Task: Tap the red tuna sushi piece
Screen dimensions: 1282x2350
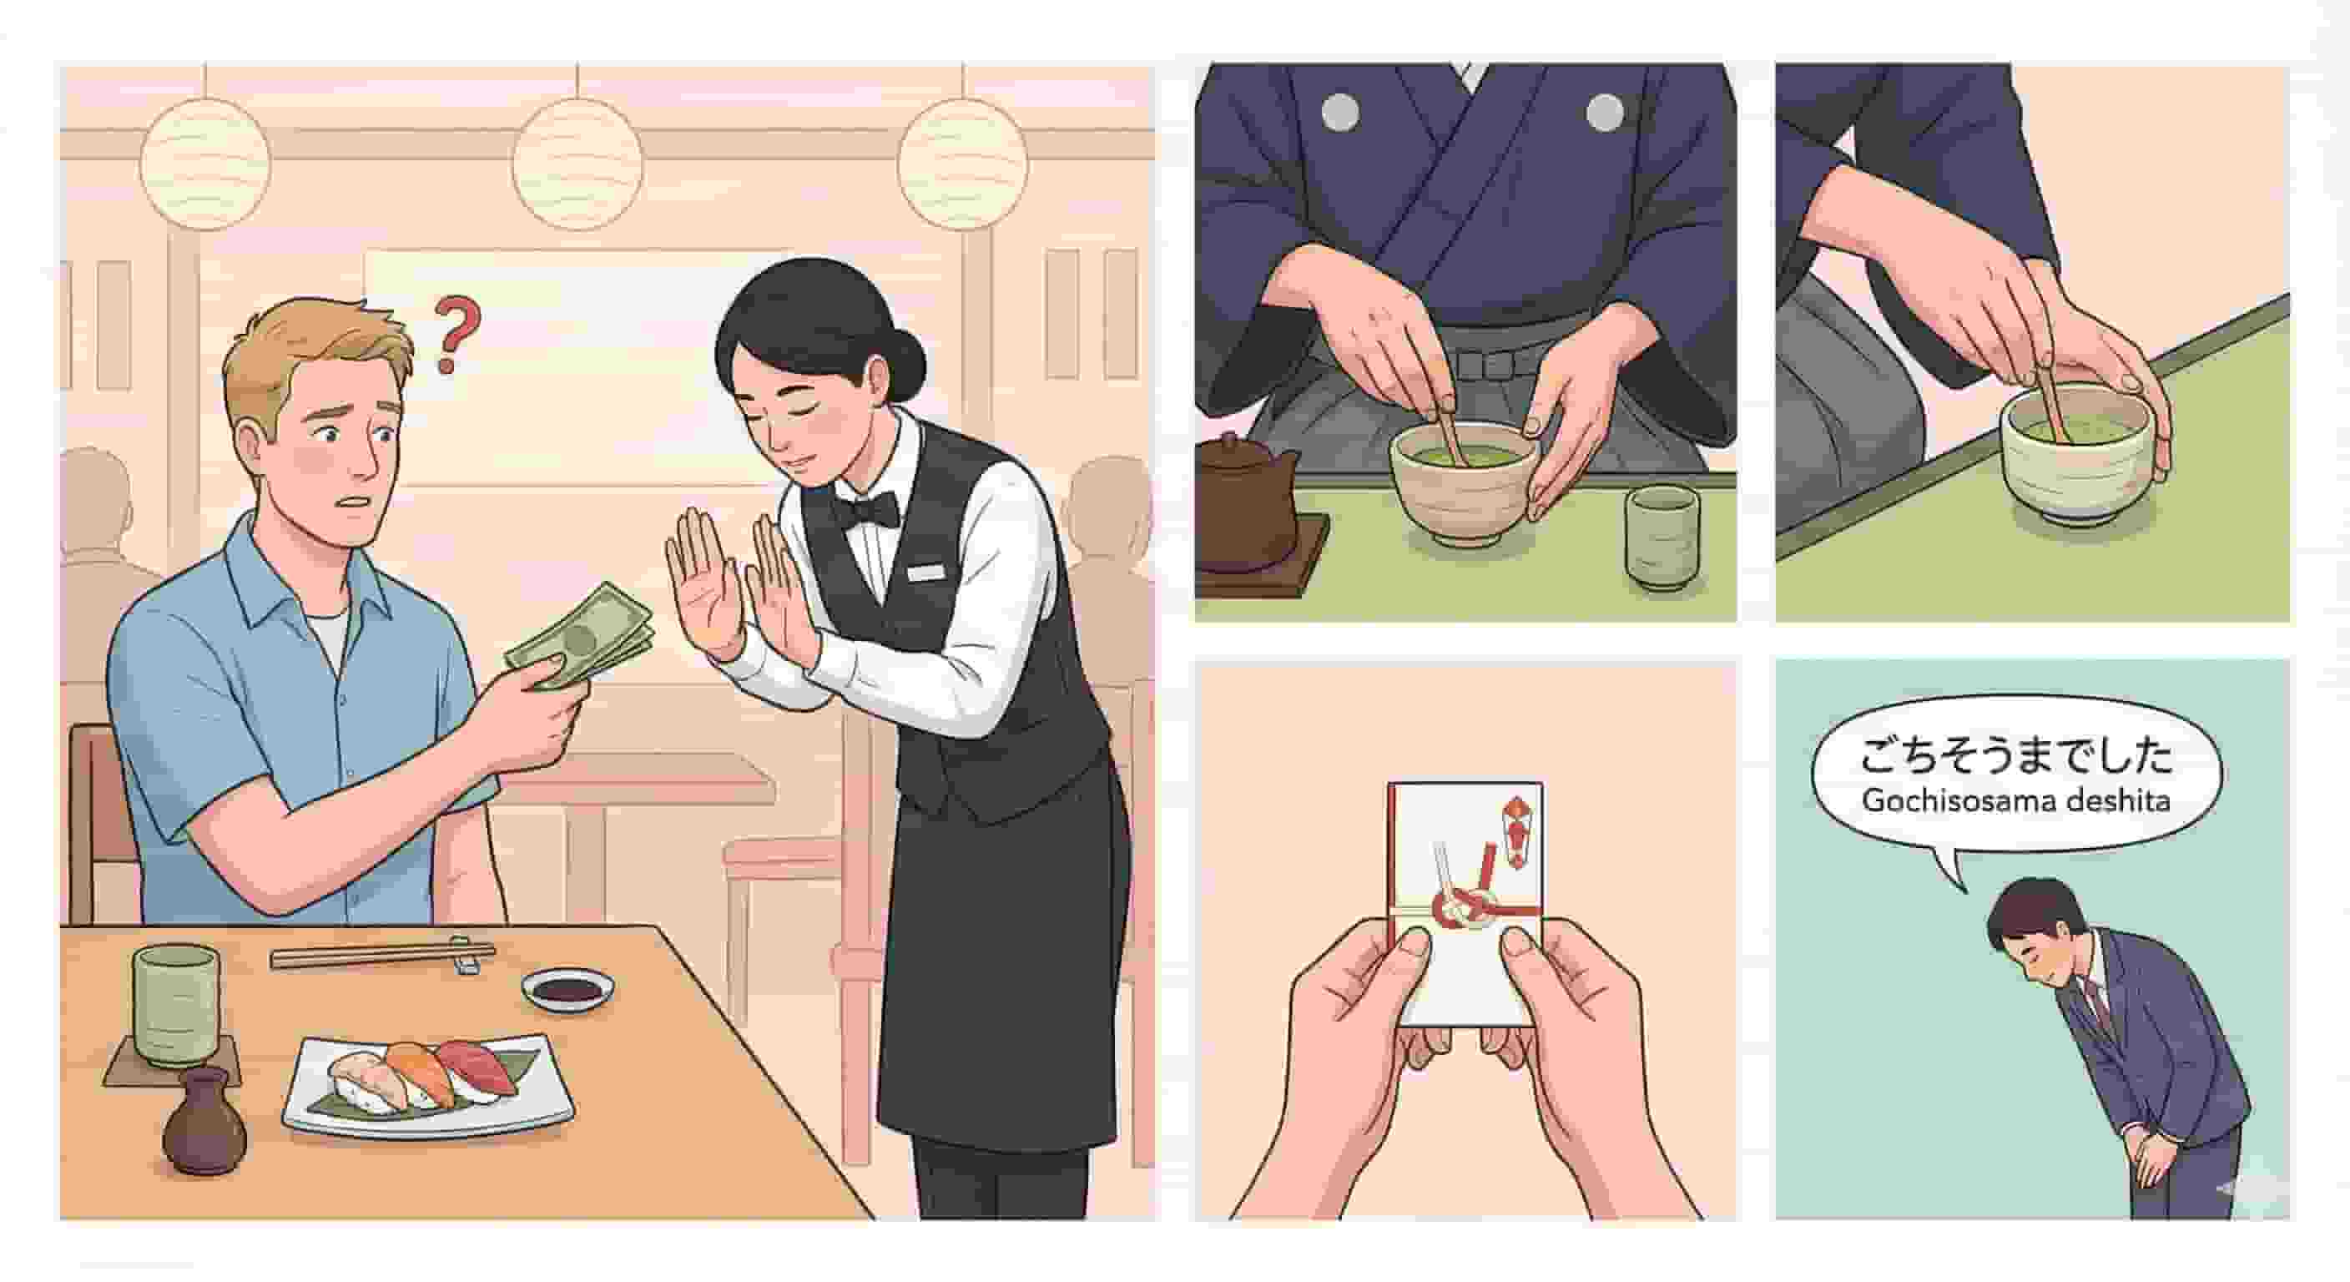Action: coord(473,1066)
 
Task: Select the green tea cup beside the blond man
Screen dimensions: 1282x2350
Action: coord(175,1006)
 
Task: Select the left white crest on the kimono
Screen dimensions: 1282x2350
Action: coord(1340,111)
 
